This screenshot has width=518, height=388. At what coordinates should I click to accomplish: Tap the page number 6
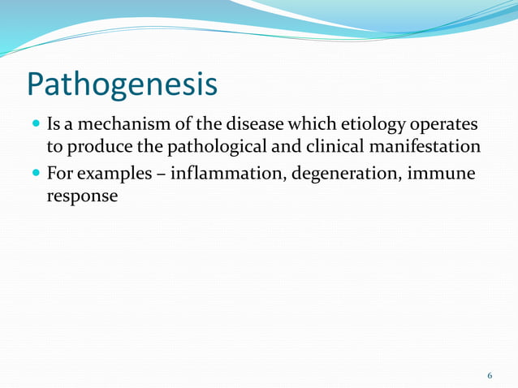point(490,376)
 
